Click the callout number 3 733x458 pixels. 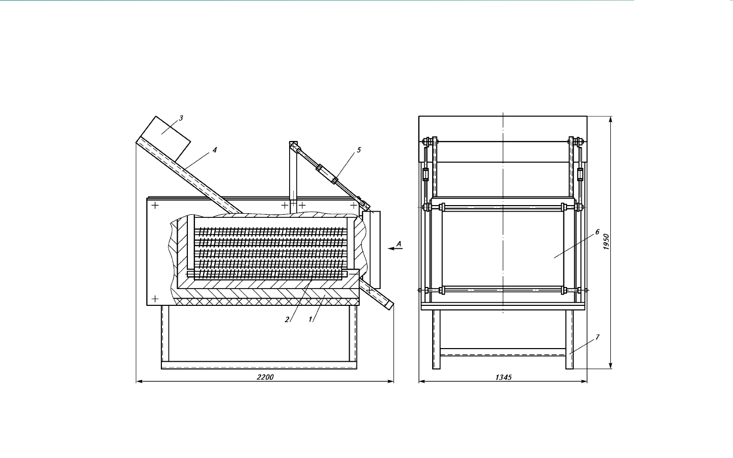click(x=181, y=118)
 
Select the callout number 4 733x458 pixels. click(x=215, y=150)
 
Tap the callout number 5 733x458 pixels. click(x=359, y=150)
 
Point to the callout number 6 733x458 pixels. click(x=597, y=232)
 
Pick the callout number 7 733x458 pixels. click(x=597, y=337)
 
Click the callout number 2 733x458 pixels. click(x=287, y=320)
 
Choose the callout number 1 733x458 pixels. click(x=311, y=320)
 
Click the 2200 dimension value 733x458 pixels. click(x=265, y=377)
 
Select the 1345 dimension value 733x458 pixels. click(x=503, y=378)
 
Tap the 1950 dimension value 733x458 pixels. click(x=606, y=242)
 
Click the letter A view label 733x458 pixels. click(x=399, y=244)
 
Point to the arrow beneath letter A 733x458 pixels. click(x=395, y=249)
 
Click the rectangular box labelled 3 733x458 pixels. click(x=165, y=139)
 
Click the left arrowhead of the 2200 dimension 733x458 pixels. click(x=139, y=382)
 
